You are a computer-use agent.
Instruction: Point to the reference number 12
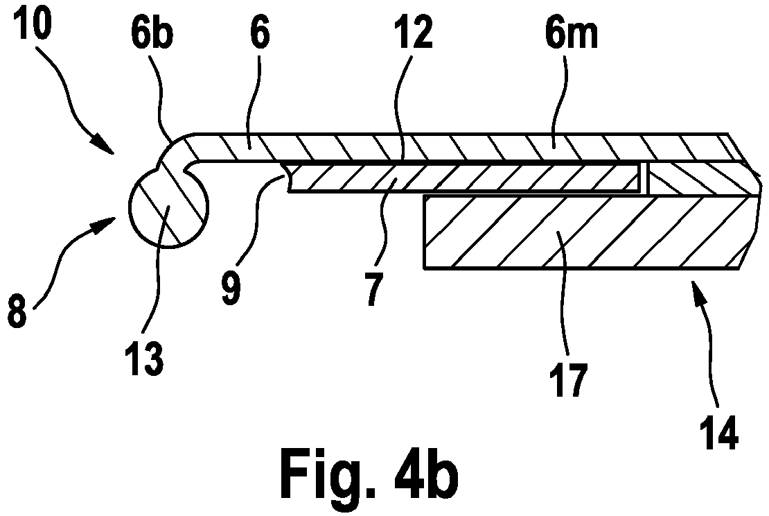click(416, 33)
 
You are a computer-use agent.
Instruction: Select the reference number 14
click(719, 432)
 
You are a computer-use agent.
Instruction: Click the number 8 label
click(17, 310)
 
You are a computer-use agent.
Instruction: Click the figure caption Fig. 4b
click(369, 475)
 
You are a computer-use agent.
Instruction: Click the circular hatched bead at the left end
click(169, 207)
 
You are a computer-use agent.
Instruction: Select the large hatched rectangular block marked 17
click(588, 232)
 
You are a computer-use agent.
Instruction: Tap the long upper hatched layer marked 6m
click(461, 147)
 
